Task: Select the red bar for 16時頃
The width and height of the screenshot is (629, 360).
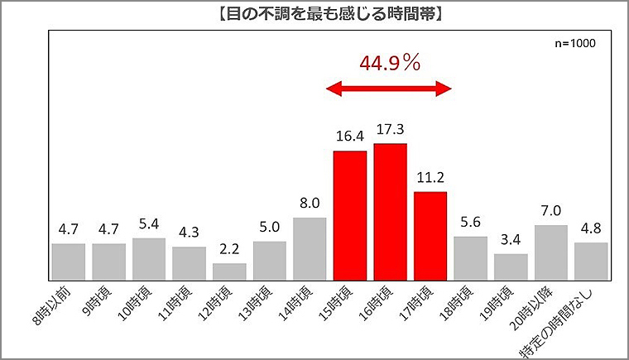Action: coord(390,211)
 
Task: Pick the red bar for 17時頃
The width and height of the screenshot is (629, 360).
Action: coord(430,235)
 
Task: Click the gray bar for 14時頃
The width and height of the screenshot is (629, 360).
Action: coord(310,248)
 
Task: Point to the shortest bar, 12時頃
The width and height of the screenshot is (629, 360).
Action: coord(229,271)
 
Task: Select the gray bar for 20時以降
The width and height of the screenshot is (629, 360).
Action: coord(550,252)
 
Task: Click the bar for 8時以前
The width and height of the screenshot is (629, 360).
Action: coord(68,261)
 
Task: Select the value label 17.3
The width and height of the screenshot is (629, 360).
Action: coord(390,131)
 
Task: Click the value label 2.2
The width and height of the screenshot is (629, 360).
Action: coord(229,251)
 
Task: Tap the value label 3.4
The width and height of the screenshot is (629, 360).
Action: coord(510,241)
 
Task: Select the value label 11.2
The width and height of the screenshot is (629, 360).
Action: coord(430,179)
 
